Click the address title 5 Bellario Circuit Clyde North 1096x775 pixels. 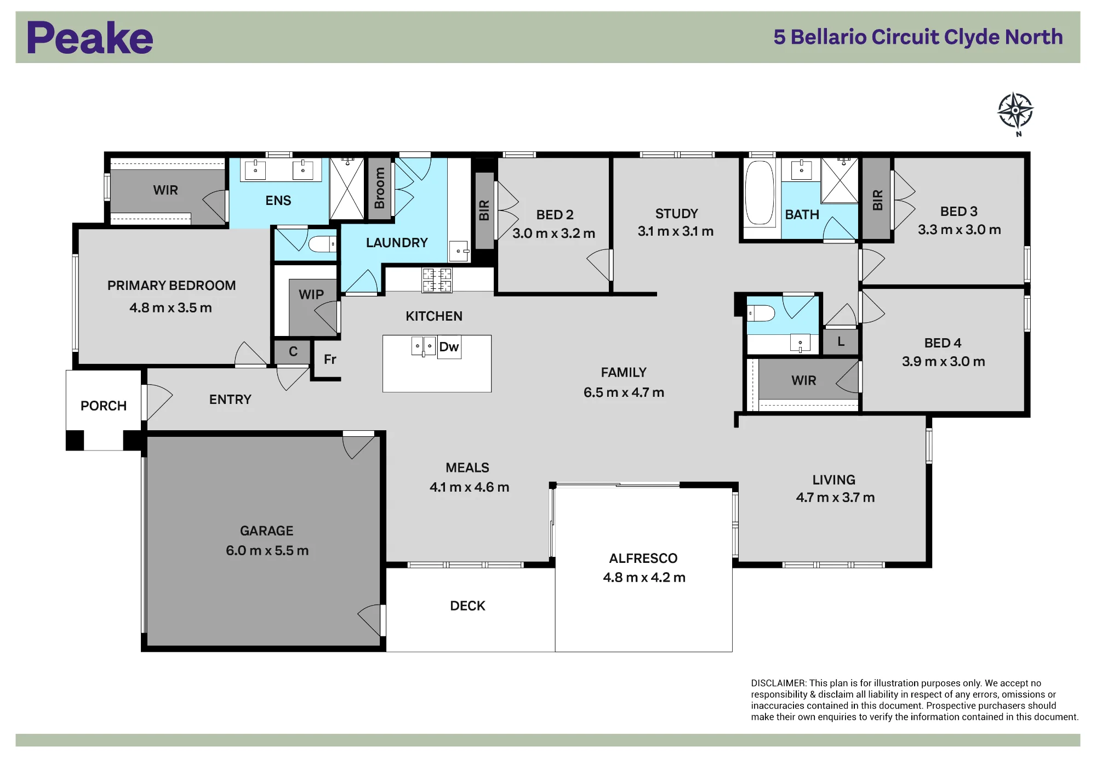point(918,37)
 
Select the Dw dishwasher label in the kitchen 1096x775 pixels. point(449,346)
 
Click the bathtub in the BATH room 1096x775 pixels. point(760,192)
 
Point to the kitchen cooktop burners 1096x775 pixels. point(437,280)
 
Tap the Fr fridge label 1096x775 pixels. point(330,360)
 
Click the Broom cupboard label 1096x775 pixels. point(379,188)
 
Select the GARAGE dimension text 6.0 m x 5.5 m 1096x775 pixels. point(267,550)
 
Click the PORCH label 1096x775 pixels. point(104,406)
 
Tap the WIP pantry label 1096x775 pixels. point(311,294)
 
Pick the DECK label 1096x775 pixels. point(467,606)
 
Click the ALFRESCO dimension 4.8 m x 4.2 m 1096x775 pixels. point(644,577)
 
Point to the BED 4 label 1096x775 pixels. point(943,343)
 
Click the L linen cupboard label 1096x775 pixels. point(841,341)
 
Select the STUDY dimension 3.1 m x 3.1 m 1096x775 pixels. point(676,231)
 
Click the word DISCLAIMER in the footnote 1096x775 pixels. point(778,683)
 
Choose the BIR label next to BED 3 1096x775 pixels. point(877,200)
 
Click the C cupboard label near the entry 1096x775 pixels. point(293,351)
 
